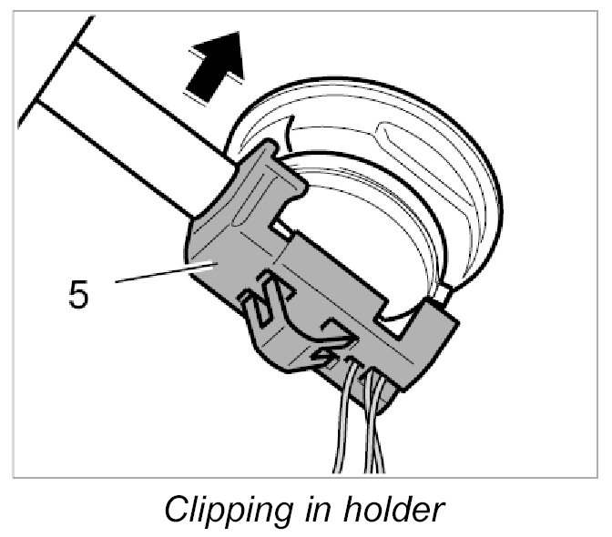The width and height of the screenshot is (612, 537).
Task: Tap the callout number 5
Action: [79, 295]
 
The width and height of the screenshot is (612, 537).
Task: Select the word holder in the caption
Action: [398, 508]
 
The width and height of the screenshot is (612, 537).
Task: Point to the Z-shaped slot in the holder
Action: [264, 300]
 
